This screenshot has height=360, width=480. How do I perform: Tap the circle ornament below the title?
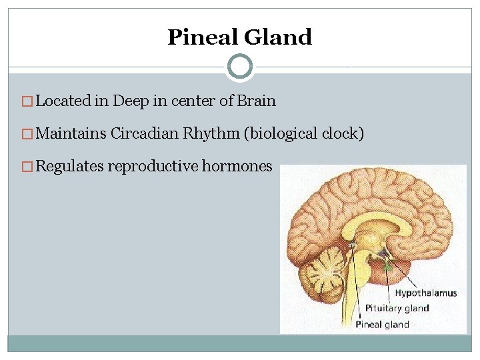240,67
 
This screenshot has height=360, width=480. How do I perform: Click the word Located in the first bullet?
63,101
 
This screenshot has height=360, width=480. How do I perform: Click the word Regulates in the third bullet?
69,166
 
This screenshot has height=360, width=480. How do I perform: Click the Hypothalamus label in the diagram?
425,293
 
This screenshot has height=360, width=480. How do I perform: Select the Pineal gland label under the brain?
382,325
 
